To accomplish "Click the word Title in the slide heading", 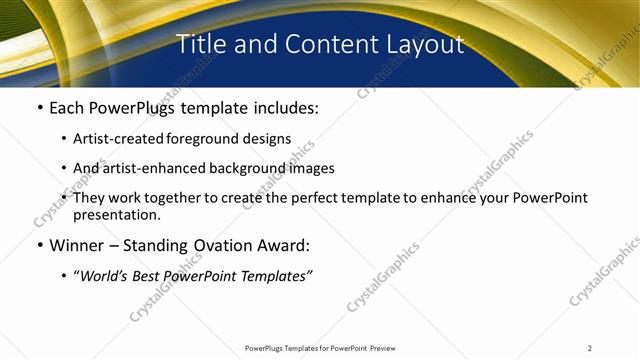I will (201, 44).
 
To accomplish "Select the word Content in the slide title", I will (328, 44).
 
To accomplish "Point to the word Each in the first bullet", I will (68, 108).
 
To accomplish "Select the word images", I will (310, 168).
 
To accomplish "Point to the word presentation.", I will (117, 214).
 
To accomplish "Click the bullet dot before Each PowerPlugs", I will (40, 108).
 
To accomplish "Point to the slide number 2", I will (590, 348).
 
